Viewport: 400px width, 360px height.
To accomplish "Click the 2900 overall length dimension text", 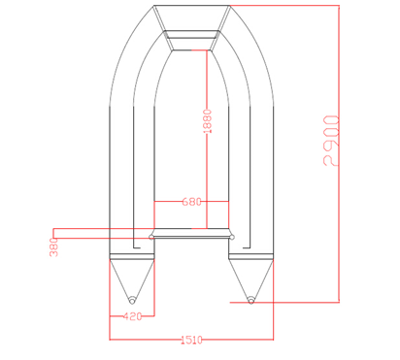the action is click(x=331, y=141).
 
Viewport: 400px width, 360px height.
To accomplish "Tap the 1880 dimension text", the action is click(x=207, y=121).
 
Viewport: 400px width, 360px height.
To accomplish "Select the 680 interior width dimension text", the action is click(x=191, y=202).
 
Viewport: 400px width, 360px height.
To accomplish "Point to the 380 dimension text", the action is click(x=54, y=247).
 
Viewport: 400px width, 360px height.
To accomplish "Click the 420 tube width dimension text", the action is click(x=132, y=316).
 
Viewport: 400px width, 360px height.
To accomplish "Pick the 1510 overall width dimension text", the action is click(x=191, y=340).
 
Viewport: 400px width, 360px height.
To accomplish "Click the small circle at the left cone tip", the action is click(x=132, y=301).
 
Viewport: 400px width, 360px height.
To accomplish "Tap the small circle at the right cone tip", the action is click(x=250, y=301).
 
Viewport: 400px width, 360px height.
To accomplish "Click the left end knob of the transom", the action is click(x=151, y=237).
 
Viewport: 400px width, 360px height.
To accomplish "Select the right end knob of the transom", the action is click(x=232, y=237).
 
